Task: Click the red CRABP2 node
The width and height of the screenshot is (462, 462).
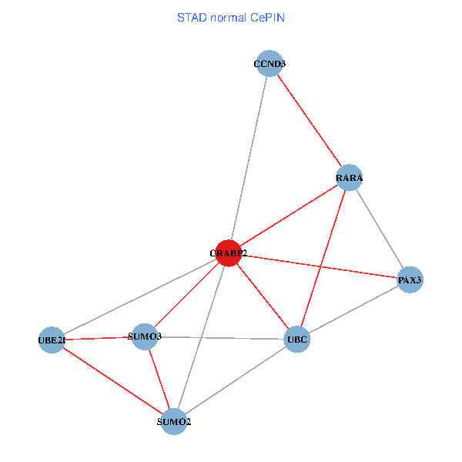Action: tap(228, 253)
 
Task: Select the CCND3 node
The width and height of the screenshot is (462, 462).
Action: tap(269, 64)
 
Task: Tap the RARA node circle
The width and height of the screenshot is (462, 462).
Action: tap(349, 178)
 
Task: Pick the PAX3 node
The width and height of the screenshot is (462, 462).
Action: tap(410, 280)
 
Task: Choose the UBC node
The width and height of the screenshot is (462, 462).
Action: tap(297, 339)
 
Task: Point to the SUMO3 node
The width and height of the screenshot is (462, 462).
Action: tap(145, 336)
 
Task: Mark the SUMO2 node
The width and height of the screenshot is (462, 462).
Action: tap(174, 421)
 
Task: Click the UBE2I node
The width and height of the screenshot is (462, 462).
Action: tap(52, 340)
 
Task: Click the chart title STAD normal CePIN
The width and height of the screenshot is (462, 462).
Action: tap(231, 17)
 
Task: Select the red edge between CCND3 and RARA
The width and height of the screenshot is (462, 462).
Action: tap(310, 121)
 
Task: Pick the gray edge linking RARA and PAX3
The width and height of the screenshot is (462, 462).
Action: tap(379, 229)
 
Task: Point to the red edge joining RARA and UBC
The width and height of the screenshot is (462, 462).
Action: tap(323, 258)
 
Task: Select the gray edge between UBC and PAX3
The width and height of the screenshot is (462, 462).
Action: tap(353, 310)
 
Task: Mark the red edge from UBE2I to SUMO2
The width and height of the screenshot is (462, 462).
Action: tap(112, 380)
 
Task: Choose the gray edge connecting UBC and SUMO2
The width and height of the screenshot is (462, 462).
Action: tap(236, 380)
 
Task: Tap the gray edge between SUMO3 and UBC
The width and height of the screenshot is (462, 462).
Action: tap(221, 337)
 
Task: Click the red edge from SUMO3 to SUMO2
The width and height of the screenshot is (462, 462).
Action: tap(159, 379)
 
